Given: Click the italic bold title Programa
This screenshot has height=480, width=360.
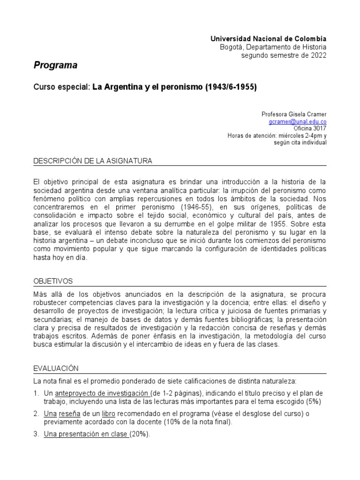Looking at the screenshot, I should click(55, 65).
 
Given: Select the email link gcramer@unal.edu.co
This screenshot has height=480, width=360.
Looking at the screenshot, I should click(298, 121).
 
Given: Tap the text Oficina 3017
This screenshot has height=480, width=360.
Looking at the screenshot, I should click(310, 128).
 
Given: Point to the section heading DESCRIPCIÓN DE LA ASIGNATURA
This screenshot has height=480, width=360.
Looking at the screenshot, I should click(93, 161).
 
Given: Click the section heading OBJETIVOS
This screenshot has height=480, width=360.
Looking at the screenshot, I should click(53, 281).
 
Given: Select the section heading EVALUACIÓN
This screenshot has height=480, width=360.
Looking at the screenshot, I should click(56, 368).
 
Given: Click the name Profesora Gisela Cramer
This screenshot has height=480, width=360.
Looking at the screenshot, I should click(294, 114).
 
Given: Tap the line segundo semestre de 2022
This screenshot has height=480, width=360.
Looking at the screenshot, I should click(284, 55).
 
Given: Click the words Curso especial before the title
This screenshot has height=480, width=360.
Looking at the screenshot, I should click(61, 87).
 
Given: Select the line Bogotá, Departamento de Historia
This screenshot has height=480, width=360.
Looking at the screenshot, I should click(273, 47).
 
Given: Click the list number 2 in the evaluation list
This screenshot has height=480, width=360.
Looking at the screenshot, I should click(36, 414).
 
